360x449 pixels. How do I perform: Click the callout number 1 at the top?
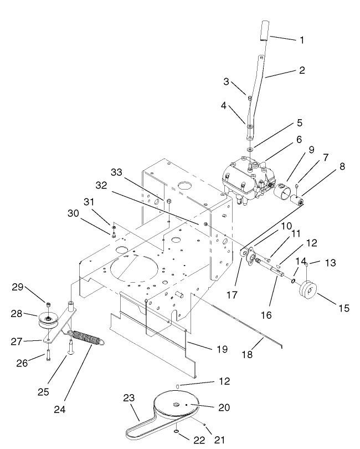click(x=302, y=40)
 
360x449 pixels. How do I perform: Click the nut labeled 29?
click(x=48, y=304)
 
